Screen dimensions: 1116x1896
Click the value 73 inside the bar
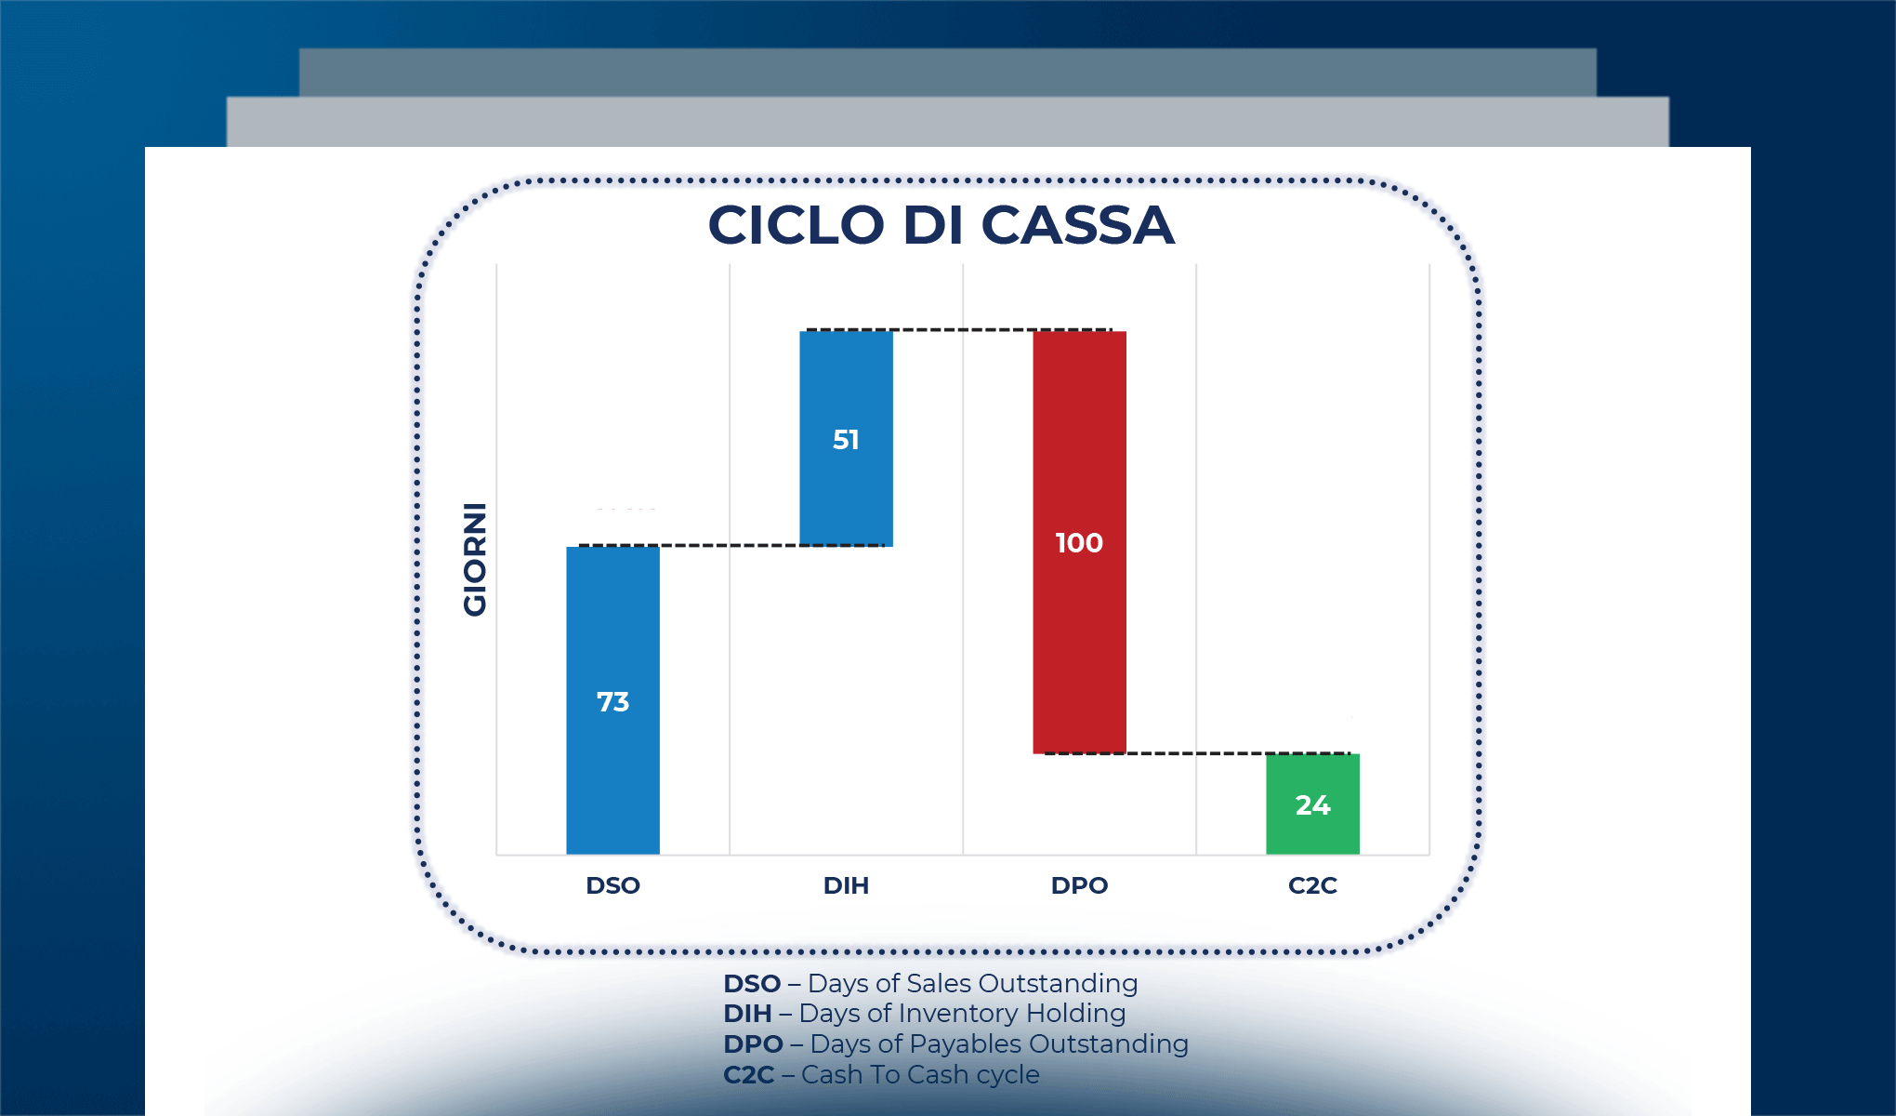(612, 702)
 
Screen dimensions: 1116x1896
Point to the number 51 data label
(846, 440)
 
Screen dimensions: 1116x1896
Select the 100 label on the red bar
(1079, 543)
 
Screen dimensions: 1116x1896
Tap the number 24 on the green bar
(1312, 805)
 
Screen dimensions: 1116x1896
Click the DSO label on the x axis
(612, 885)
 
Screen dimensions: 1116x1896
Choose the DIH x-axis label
(846, 885)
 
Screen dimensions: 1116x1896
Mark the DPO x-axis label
(1079, 885)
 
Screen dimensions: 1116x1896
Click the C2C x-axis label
(1312, 885)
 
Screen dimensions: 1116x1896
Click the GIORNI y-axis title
(475, 559)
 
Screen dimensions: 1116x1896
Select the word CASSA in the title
(1077, 226)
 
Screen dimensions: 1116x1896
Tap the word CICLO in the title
(796, 226)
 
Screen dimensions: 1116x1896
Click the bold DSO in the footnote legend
(752, 984)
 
